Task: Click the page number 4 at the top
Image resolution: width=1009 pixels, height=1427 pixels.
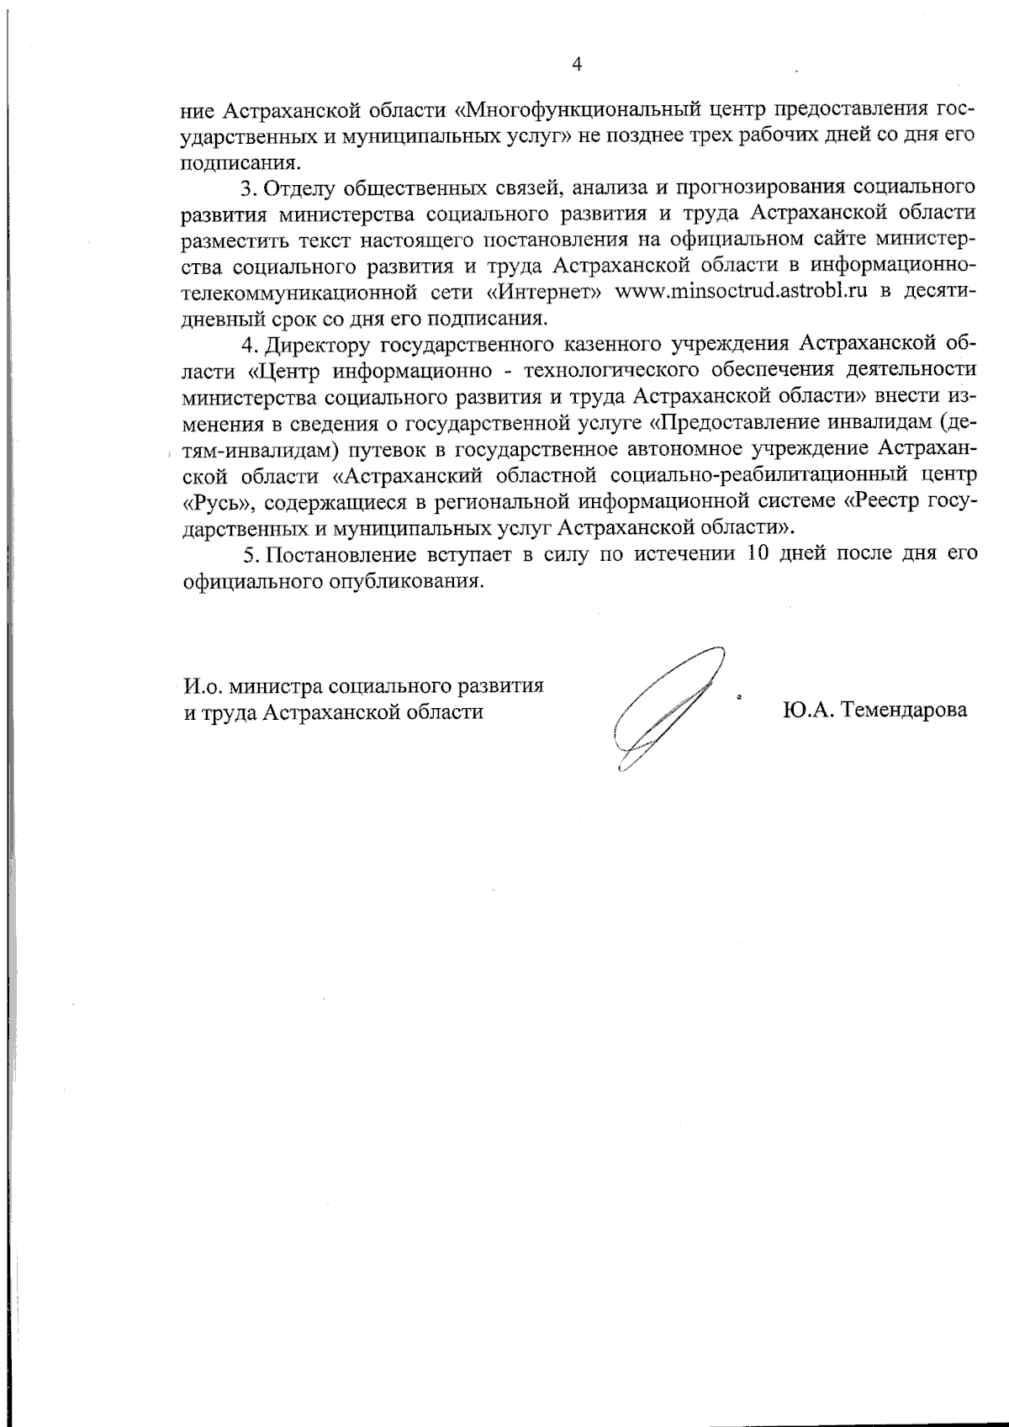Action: [577, 65]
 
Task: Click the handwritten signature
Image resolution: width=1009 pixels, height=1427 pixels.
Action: [664, 706]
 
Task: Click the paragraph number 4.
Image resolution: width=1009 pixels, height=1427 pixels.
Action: [247, 345]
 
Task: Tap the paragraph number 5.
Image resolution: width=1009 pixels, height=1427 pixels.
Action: [247, 554]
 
